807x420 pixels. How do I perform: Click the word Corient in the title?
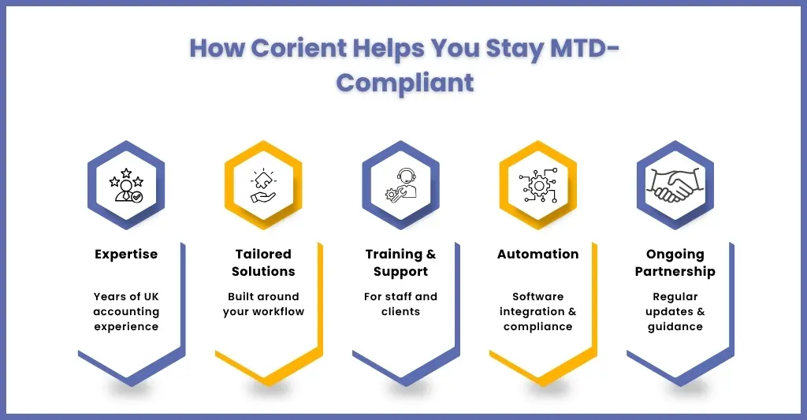[x=299, y=48]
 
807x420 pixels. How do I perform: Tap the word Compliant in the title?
[x=405, y=84]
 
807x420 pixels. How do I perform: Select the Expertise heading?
[x=126, y=255]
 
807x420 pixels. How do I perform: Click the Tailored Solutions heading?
[x=263, y=262]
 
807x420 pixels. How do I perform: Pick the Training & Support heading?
[x=400, y=263]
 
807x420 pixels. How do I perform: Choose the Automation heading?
[x=537, y=255]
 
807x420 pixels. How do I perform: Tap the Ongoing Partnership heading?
[x=675, y=263]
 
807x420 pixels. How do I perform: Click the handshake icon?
[x=675, y=184]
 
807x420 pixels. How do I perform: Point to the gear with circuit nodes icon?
[x=537, y=185]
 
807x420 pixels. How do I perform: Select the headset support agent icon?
[x=401, y=185]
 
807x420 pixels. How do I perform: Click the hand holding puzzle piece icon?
[x=263, y=185]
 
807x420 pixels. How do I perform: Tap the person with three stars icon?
[x=126, y=184]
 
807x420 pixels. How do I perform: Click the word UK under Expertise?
[x=151, y=297]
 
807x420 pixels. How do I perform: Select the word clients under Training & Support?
[x=400, y=312]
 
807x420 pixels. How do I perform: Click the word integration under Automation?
[x=532, y=312]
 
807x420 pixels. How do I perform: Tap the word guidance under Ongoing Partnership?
[x=675, y=327]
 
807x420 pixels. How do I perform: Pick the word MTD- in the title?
[x=584, y=48]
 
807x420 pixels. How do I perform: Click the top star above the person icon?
[x=126, y=173]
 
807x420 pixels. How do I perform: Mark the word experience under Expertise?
[x=126, y=327]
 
